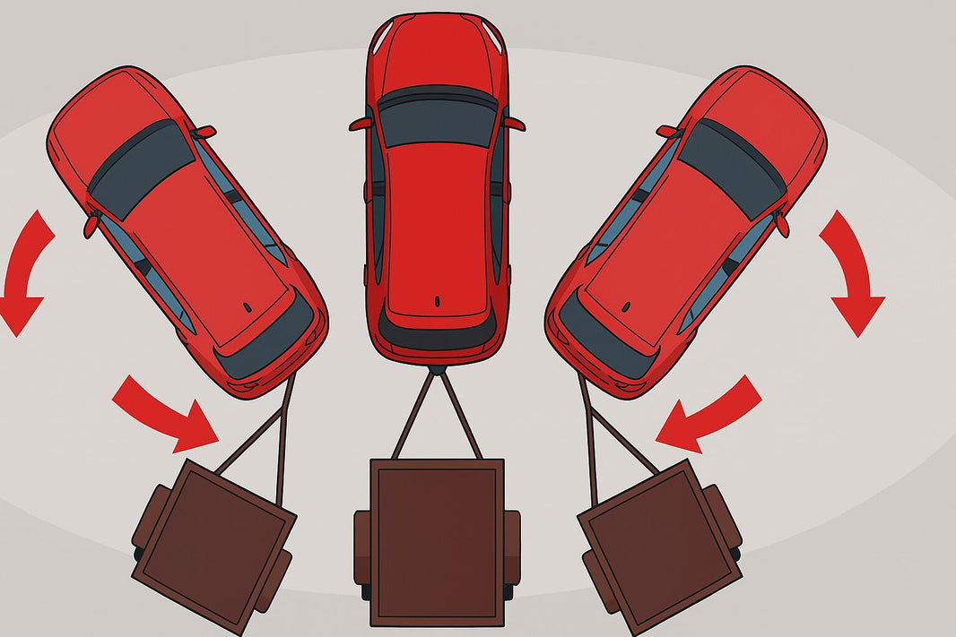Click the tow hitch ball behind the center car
click(437, 367)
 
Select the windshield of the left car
click(141, 168)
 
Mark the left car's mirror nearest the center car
click(204, 133)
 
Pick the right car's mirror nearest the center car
click(669, 133)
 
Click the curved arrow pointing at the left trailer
click(166, 412)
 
